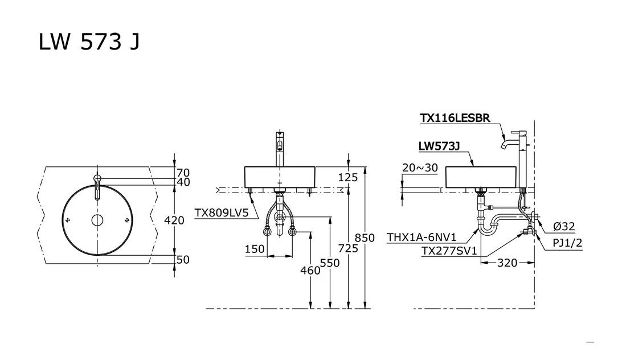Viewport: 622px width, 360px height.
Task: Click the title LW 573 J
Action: pos(89,42)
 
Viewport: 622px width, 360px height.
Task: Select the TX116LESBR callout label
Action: pos(455,118)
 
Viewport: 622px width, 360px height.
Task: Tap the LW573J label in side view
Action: pos(439,146)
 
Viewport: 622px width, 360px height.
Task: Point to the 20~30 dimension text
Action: pos(420,167)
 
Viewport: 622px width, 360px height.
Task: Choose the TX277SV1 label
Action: pos(449,251)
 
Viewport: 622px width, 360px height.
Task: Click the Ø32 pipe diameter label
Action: pos(564,227)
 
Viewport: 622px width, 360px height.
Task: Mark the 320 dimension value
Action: pos(508,263)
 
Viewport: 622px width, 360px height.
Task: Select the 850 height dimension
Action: pos(365,238)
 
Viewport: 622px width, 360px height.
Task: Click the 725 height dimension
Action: pos(347,248)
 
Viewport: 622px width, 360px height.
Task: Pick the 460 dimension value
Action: pos(310,271)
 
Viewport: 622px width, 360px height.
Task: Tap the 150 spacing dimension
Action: pos(255,249)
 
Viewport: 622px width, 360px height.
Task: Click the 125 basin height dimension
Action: pos(347,178)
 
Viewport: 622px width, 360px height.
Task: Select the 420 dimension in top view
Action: pos(174,220)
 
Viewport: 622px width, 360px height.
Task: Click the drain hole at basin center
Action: pos(97,220)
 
